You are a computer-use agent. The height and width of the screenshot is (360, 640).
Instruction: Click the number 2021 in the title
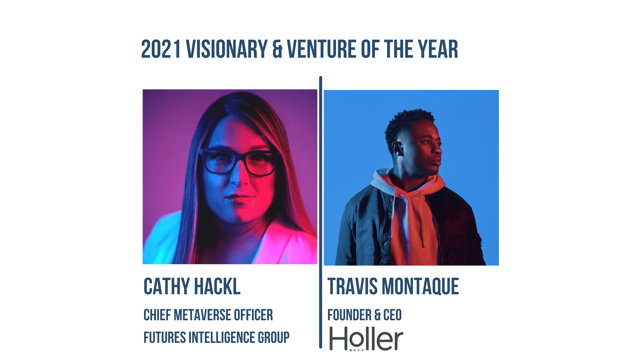pos(161,49)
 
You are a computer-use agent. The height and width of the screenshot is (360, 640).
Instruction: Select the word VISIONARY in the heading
pos(227,49)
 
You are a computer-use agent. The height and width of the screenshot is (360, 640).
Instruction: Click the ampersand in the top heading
pos(277,49)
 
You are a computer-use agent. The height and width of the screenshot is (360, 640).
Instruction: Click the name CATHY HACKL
pos(192,286)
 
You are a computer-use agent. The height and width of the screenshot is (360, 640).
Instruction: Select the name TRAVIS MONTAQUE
pos(393,286)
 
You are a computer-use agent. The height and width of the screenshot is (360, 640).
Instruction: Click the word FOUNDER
pos(349,315)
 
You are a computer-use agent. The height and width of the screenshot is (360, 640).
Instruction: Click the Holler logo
pos(366,339)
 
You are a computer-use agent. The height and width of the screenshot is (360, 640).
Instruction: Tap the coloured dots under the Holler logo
pos(357,350)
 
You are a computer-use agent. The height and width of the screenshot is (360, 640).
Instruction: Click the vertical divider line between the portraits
pos(321,212)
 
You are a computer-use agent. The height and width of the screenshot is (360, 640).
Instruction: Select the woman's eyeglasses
pos(239,162)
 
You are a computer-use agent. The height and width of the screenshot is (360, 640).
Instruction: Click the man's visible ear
pos(398,148)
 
